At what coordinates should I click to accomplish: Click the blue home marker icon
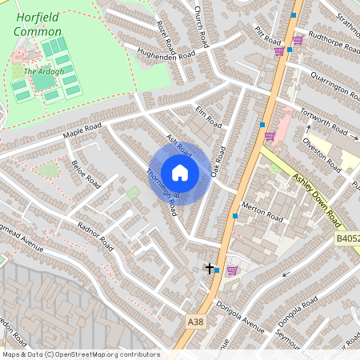point(180,173)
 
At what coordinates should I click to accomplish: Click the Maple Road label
point(82,129)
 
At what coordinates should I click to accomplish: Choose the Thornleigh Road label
point(162,191)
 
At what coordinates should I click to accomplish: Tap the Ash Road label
point(179,146)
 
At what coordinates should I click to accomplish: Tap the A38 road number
point(195,321)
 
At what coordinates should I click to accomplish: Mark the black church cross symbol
point(210,269)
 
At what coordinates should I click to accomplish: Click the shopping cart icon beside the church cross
point(232,270)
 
